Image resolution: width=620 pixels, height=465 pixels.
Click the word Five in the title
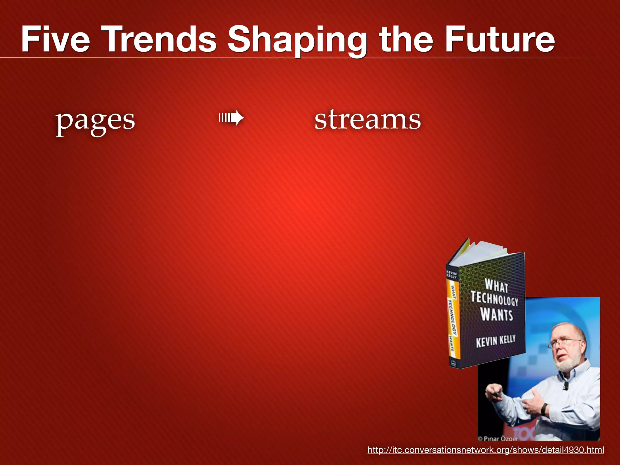click(56, 39)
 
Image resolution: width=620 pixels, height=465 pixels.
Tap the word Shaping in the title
click(297, 41)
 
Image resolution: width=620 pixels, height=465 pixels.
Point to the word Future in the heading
click(500, 39)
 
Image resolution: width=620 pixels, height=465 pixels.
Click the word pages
click(95, 121)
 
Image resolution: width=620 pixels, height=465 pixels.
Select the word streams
click(368, 120)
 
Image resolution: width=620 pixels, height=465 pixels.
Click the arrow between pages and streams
click(231, 118)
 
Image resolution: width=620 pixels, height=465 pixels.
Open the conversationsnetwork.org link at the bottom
click(486, 450)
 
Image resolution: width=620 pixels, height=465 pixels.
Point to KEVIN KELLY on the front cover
click(496, 341)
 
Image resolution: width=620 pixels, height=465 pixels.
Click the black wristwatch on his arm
click(545, 409)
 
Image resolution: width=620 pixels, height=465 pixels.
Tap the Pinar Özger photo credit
click(498, 438)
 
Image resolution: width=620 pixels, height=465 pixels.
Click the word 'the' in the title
click(406, 39)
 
